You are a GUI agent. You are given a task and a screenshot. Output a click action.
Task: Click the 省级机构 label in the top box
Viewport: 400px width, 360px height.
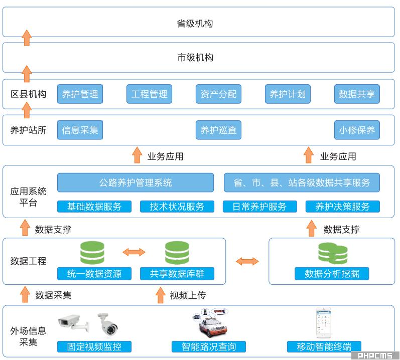pyautogui.click(x=195, y=24)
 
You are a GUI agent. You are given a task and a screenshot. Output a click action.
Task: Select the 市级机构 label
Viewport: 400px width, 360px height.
pyautogui.click(x=195, y=57)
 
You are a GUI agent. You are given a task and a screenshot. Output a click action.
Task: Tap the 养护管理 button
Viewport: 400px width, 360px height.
pyautogui.click(x=80, y=94)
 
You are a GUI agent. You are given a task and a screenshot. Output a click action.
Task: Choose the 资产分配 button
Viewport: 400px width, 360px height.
pyautogui.click(x=218, y=94)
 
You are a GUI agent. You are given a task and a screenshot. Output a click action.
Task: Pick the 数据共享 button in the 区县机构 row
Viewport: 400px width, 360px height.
pyautogui.click(x=357, y=94)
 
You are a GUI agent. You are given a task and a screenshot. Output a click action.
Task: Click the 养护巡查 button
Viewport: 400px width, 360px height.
pyautogui.click(x=218, y=130)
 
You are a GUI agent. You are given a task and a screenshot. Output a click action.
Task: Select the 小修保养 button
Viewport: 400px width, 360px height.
pyautogui.click(x=357, y=130)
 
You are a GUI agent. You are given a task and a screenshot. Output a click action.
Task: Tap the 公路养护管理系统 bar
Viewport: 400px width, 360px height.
pyautogui.click(x=136, y=183)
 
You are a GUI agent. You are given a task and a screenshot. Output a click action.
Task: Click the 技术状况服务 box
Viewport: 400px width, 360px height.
pyautogui.click(x=177, y=207)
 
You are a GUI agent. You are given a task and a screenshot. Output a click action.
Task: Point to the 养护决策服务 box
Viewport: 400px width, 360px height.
pyautogui.click(x=342, y=207)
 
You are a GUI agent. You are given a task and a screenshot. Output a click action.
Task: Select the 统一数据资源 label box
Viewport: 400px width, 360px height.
pyautogui.click(x=94, y=274)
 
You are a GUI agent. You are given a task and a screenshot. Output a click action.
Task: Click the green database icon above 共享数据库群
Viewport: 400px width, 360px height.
pyautogui.click(x=177, y=253)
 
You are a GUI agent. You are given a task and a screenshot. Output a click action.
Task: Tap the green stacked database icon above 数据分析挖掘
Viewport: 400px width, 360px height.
pyautogui.click(x=333, y=253)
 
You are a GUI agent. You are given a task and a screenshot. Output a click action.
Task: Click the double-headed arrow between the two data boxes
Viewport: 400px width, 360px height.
pyautogui.click(x=247, y=261)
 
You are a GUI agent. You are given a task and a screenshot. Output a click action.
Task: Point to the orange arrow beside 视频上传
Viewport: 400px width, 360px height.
pyautogui.click(x=160, y=295)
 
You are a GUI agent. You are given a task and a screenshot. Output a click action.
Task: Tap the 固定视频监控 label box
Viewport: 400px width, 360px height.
pyautogui.click(x=94, y=346)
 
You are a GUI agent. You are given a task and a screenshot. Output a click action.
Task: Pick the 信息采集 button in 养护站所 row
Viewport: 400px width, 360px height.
pyautogui.click(x=80, y=130)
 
